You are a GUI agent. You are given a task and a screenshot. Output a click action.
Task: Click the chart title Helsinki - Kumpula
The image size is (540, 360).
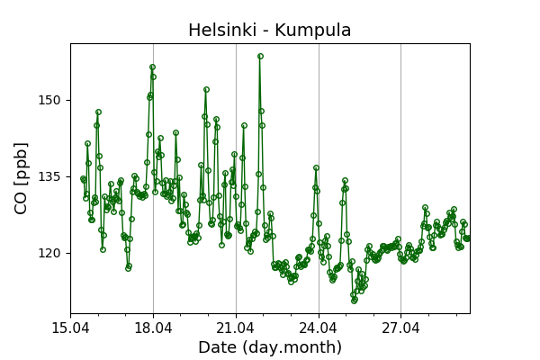269,31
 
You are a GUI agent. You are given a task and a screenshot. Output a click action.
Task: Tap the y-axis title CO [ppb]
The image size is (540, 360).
22,177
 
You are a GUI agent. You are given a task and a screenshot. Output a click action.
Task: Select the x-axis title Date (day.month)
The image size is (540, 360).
269,347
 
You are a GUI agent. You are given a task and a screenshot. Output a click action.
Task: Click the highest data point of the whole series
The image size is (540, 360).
260,56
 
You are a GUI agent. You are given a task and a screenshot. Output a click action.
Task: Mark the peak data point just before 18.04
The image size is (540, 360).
152,67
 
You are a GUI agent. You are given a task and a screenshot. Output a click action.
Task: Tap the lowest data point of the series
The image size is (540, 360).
354,301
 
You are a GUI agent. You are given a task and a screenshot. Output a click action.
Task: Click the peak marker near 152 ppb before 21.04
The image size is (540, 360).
206,89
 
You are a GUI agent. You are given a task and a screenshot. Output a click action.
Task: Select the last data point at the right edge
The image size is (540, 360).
467,238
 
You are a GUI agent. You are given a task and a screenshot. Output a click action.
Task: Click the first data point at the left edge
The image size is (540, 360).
83,178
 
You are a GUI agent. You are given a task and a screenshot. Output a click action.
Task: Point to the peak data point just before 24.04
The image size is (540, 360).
316,167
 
